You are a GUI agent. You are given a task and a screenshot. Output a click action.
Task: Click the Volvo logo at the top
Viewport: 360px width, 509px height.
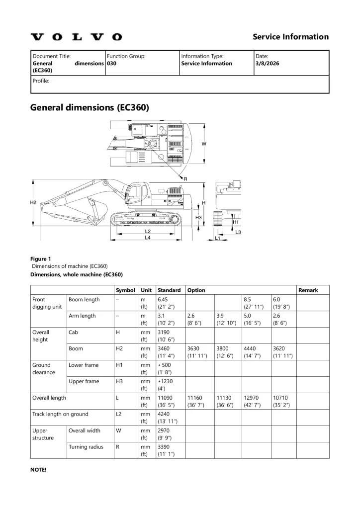click(x=76, y=37)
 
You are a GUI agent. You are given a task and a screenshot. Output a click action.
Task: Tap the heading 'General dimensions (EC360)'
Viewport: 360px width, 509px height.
click(x=90, y=107)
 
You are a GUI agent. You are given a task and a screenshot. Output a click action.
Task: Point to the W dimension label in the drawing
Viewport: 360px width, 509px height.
click(x=203, y=144)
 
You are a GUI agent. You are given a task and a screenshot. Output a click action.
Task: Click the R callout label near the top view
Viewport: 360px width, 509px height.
click(x=185, y=178)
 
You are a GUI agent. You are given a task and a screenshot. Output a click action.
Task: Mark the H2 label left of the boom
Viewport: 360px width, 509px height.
click(x=33, y=202)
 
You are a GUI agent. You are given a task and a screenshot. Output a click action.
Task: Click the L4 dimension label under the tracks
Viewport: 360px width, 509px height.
click(x=148, y=238)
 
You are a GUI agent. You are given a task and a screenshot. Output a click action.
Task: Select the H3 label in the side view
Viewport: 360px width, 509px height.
click(x=198, y=217)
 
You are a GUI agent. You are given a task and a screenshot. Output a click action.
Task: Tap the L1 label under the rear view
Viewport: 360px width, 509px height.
click(x=218, y=239)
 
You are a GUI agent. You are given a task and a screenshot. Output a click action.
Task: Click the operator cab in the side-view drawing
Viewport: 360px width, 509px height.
click(x=136, y=194)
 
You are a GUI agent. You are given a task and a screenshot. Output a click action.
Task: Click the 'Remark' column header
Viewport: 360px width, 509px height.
click(x=308, y=290)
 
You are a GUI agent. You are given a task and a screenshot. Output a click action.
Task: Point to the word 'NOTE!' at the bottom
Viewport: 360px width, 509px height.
click(x=38, y=469)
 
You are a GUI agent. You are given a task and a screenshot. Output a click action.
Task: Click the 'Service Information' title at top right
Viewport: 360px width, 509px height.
click(x=290, y=37)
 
